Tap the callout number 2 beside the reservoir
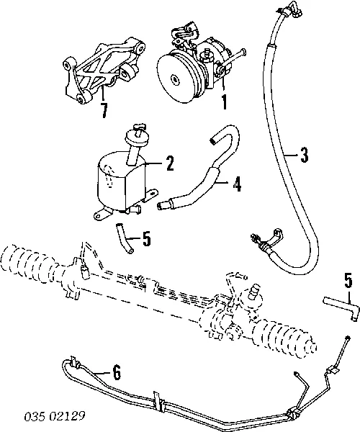(x=170, y=164)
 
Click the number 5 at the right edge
(x=347, y=279)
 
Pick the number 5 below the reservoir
(x=146, y=238)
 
